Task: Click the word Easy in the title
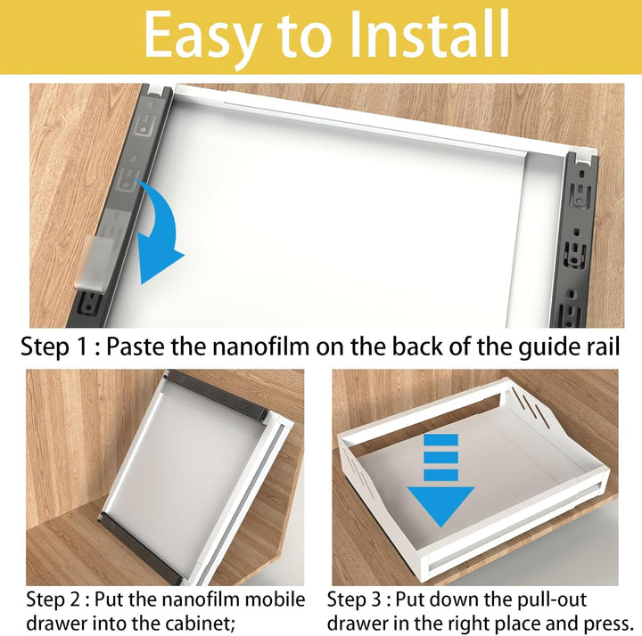pyautogui.click(x=202, y=37)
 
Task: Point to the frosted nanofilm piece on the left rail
pyautogui.click(x=94, y=262)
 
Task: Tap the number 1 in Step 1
pyautogui.click(x=81, y=347)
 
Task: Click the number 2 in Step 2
pyautogui.click(x=75, y=600)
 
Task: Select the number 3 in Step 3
pyautogui.click(x=375, y=600)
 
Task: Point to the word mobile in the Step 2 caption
pyautogui.click(x=276, y=600)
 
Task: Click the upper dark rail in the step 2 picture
pyautogui.click(x=218, y=394)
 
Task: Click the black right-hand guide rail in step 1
pyautogui.click(x=578, y=241)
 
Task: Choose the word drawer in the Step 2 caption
pyautogui.click(x=57, y=624)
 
